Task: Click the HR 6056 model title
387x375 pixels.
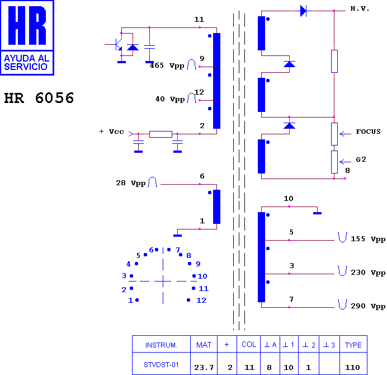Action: pos(39,98)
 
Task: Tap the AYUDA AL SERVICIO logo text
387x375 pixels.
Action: pos(27,63)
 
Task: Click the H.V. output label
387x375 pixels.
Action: pos(360,8)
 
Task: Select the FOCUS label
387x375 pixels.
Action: pos(368,132)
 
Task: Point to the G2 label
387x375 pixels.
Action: pos(361,160)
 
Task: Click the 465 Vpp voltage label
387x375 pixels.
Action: pos(167,65)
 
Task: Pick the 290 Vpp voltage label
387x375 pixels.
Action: pos(368,306)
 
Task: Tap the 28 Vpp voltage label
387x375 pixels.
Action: pos(130,183)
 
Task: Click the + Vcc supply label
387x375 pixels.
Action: pos(111,132)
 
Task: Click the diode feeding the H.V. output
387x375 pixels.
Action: pos(303,11)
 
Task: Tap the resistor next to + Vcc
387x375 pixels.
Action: pos(161,134)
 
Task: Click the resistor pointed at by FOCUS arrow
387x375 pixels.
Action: pos(334,134)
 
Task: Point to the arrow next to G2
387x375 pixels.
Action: pos(345,162)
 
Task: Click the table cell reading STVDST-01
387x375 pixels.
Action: pos(161,364)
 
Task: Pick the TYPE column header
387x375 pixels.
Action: pos(353,345)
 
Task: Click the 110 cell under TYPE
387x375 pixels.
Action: pos(353,367)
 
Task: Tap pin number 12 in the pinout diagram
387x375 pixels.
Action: pos(201,300)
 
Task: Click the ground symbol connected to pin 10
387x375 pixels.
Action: pos(318,213)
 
